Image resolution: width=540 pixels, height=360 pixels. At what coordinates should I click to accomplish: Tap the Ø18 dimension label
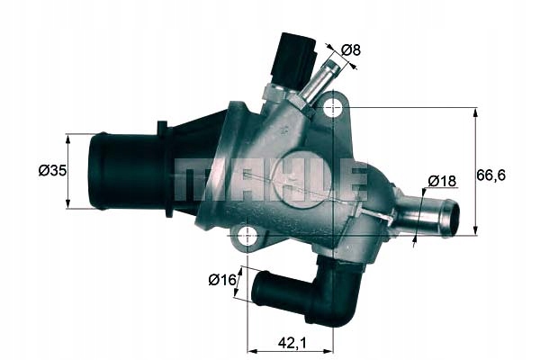(442, 180)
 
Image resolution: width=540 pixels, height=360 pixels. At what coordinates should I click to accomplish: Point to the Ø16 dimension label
(221, 280)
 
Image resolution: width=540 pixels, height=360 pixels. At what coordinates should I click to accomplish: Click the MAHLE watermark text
(270, 180)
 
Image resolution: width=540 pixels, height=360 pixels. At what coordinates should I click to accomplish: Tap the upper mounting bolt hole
(333, 109)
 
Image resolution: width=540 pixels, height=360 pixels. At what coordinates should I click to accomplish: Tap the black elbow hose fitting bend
(337, 297)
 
